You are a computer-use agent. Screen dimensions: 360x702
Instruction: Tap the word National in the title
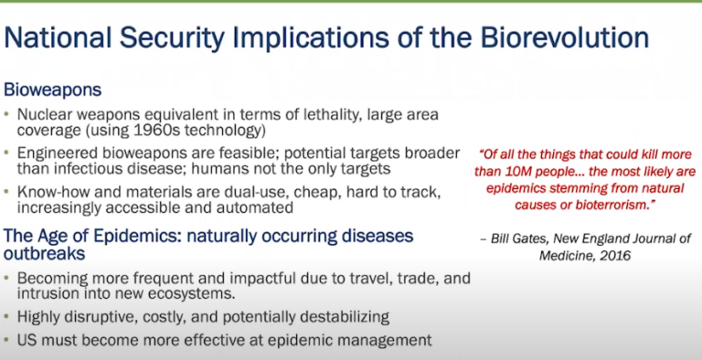tap(61, 38)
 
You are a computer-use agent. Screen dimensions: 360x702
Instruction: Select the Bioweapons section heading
tap(52, 91)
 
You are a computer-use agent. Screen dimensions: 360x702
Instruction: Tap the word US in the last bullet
tap(30, 340)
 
